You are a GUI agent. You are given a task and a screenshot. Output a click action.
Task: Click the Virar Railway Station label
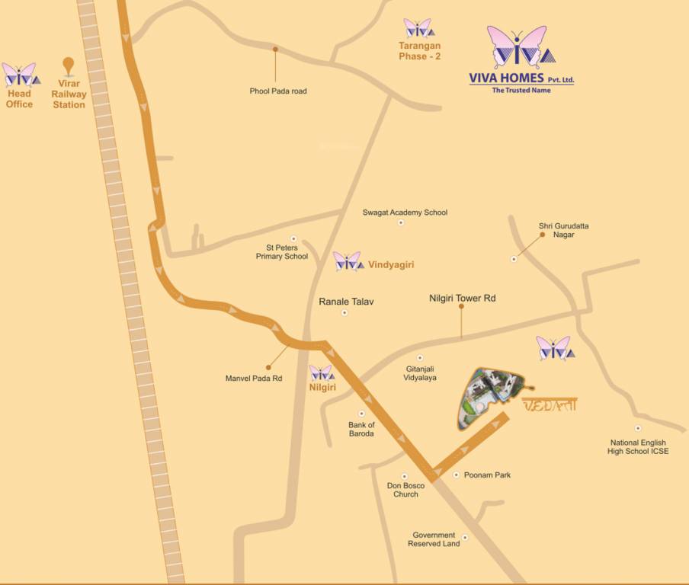point(69,94)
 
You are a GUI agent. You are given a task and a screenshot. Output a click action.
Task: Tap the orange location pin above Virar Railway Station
point(69,66)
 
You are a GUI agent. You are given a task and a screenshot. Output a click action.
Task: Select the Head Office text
point(19,99)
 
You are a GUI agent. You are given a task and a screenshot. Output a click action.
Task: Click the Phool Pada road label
point(278,91)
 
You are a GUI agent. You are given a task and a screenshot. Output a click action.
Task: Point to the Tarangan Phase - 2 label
point(420,51)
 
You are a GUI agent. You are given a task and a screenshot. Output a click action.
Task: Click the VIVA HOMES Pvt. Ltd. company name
point(521,78)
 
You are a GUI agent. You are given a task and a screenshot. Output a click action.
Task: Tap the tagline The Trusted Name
point(521,91)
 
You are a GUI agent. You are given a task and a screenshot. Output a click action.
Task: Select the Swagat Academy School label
point(405,213)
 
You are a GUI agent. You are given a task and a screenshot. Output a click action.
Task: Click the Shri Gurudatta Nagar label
point(563,230)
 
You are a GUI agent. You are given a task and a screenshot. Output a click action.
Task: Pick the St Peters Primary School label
point(282,252)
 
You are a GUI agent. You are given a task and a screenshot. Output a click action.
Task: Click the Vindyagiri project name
point(391,264)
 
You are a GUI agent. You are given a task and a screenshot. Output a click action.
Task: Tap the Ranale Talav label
point(346,302)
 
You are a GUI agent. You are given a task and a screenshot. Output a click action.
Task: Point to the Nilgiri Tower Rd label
point(463,299)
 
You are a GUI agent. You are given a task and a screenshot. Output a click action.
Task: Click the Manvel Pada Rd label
point(254,378)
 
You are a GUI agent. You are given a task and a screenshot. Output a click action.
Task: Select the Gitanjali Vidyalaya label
point(421,372)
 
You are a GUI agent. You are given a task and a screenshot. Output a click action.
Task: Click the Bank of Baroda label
point(361,429)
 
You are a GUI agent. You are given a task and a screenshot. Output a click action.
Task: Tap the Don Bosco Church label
point(405,490)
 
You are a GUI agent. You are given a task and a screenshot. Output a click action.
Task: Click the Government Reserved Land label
point(434,539)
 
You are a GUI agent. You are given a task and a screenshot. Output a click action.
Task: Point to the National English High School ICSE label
point(638,447)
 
